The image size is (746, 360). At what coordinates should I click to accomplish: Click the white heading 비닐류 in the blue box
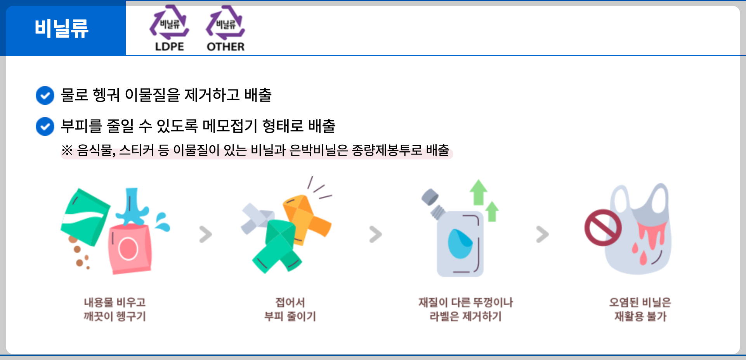pyautogui.click(x=62, y=29)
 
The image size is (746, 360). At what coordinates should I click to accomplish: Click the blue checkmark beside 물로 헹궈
pyautogui.click(x=45, y=95)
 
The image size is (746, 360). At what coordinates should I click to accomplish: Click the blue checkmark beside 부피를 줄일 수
pyautogui.click(x=45, y=126)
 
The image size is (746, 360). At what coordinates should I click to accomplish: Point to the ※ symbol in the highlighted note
pyautogui.click(x=67, y=150)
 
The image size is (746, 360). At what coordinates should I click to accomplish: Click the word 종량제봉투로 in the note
pyautogui.click(x=387, y=150)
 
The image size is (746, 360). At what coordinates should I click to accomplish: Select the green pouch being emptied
pyautogui.click(x=85, y=217)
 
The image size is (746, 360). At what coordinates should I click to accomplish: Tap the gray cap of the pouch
pyautogui.click(x=430, y=197)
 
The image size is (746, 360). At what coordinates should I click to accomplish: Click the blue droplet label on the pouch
pyautogui.click(x=460, y=244)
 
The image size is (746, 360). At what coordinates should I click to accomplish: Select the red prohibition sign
pyautogui.click(x=603, y=228)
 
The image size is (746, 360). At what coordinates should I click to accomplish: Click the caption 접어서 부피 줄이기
pyautogui.click(x=290, y=309)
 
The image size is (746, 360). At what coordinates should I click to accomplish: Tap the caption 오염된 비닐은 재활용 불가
pyautogui.click(x=640, y=309)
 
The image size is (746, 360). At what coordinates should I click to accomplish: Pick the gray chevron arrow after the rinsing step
pyautogui.click(x=206, y=234)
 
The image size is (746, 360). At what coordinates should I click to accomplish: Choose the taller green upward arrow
pyautogui.click(x=479, y=192)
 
